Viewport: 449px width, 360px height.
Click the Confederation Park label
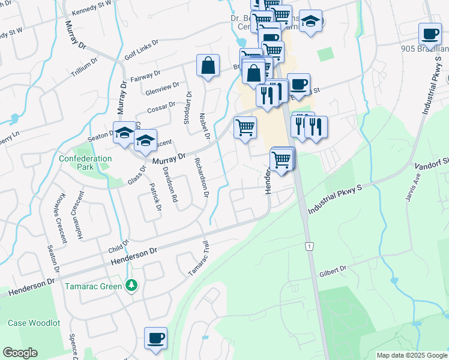tap(85, 163)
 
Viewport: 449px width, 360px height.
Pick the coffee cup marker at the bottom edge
tap(155, 338)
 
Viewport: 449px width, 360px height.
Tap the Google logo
tap(19, 353)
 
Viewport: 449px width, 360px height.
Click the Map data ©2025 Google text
tap(411, 355)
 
